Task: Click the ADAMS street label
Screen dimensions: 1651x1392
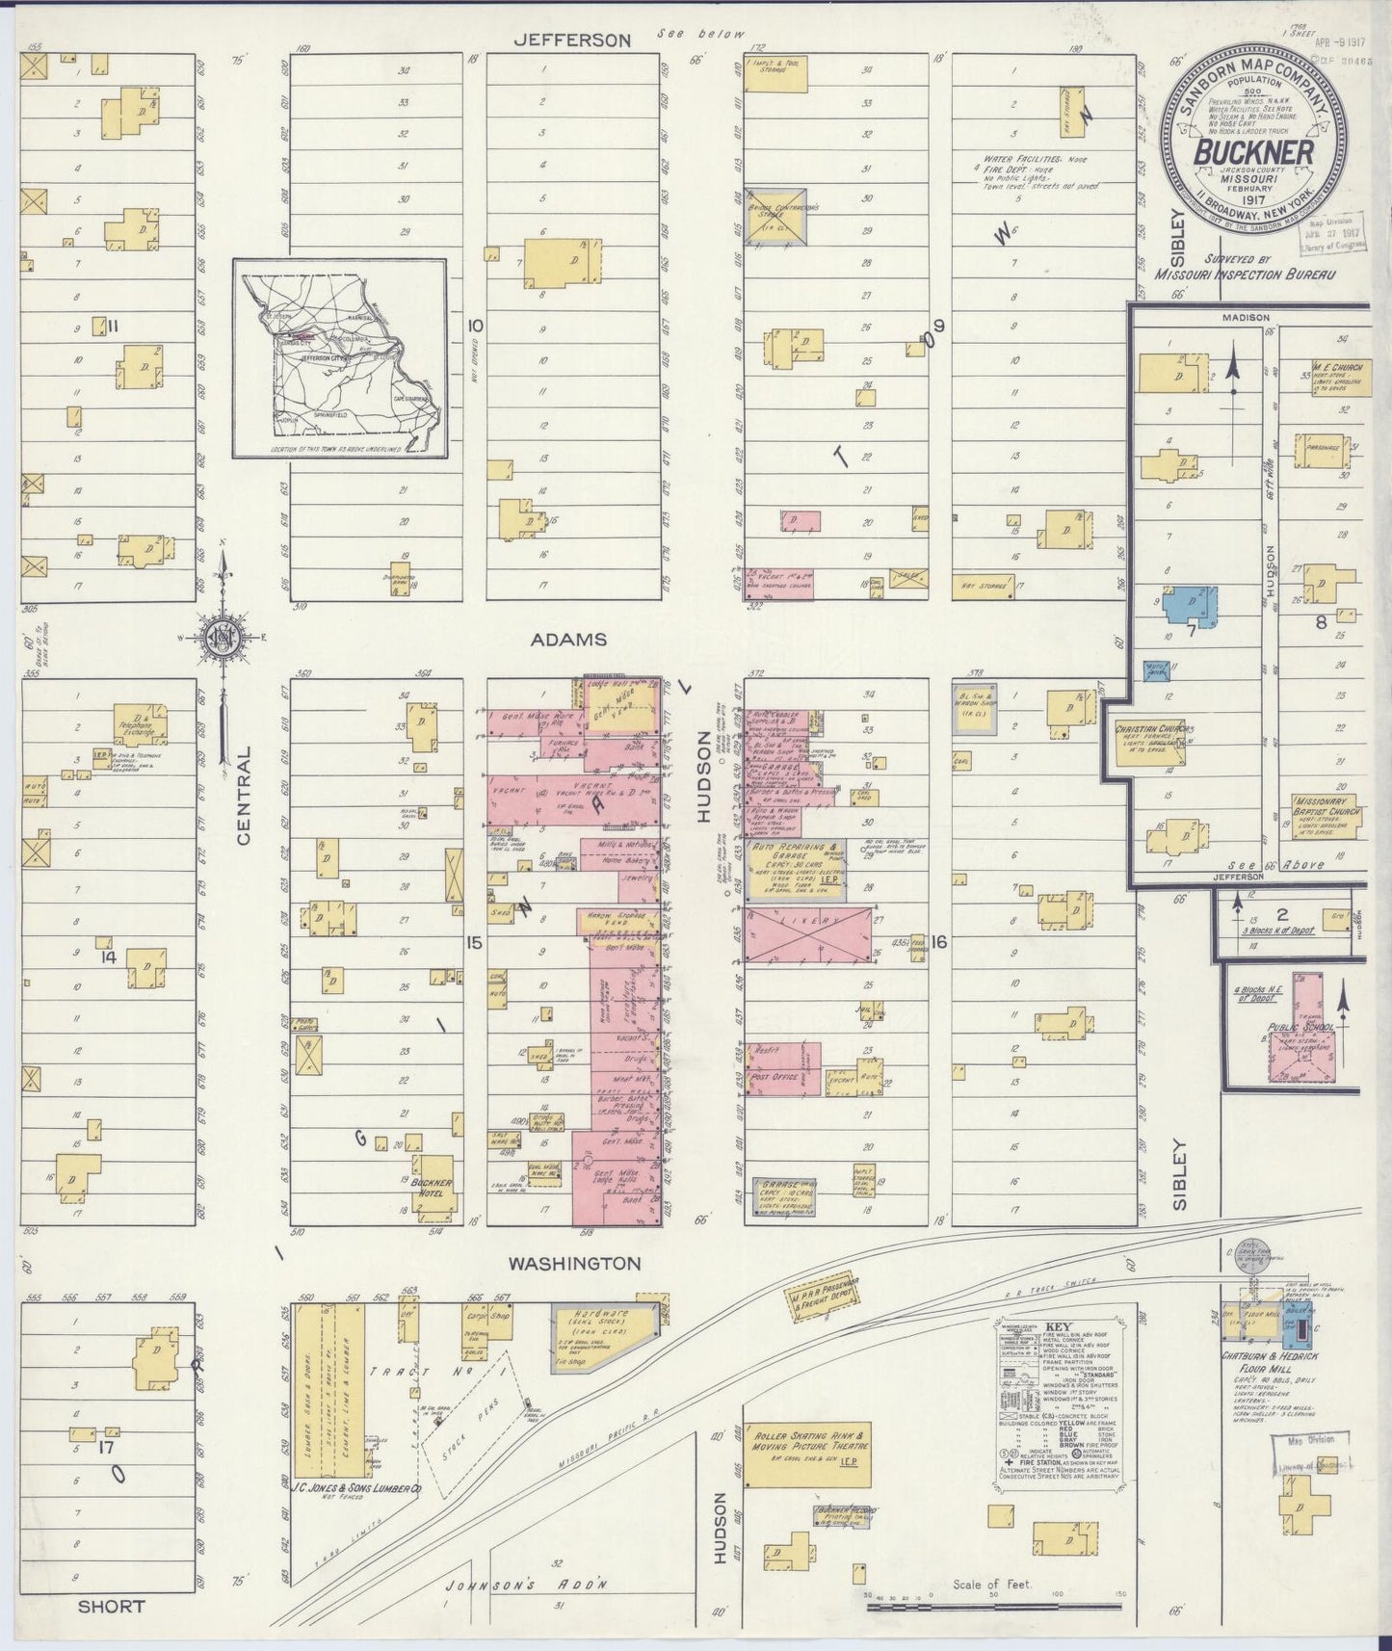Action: (579, 640)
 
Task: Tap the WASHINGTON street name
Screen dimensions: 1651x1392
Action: (574, 1263)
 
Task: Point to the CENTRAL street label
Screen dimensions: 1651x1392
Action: (243, 796)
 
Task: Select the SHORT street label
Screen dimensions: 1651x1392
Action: (112, 1606)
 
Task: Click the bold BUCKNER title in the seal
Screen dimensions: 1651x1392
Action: (1253, 153)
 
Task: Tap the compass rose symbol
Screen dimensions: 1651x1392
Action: (223, 637)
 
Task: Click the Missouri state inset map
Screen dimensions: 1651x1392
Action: (339, 357)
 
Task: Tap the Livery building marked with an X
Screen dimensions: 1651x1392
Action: (810, 934)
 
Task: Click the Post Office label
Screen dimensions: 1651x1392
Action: (775, 1077)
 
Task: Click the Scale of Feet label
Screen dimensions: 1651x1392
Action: (991, 1584)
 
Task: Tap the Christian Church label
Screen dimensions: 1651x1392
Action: (1150, 729)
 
